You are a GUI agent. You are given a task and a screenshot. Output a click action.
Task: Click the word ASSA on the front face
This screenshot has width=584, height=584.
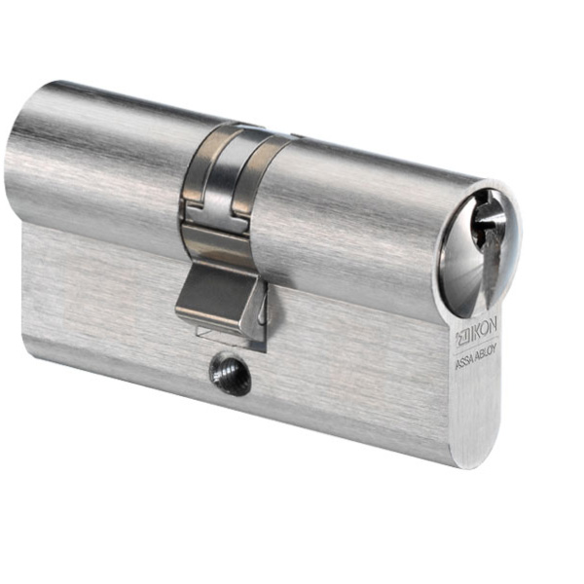pos(466,357)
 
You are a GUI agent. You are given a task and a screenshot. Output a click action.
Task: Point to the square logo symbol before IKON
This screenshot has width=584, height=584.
pos(461,340)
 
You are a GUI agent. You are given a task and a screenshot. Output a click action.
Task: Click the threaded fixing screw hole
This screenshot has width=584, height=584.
pos(230,372)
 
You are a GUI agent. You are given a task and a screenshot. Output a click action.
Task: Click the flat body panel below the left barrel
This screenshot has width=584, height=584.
pos(97,292)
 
